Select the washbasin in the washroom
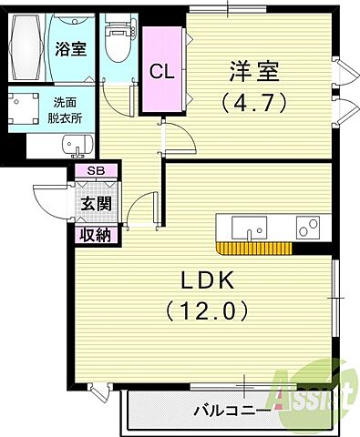tap(77, 146)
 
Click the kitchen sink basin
tap(247, 226)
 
